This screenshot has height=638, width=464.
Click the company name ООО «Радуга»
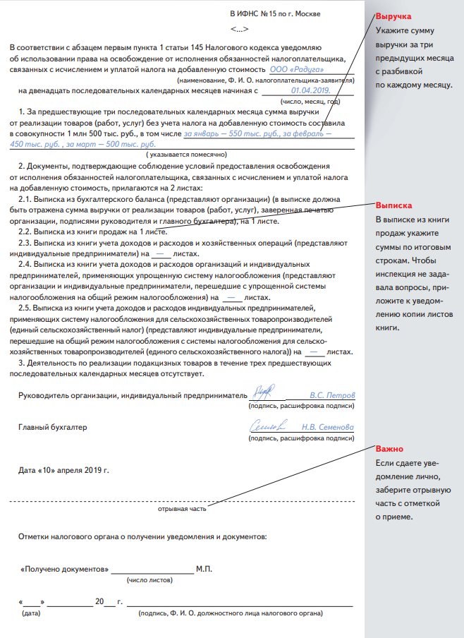(x=293, y=71)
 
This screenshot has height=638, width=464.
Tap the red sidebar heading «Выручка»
(x=393, y=16)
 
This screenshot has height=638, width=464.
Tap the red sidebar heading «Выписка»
(x=393, y=205)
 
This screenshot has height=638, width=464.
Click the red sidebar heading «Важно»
(x=390, y=448)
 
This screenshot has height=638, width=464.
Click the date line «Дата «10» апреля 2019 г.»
(x=64, y=469)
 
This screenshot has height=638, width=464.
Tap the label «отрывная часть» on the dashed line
(x=182, y=508)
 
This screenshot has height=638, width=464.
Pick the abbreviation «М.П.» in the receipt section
(x=204, y=569)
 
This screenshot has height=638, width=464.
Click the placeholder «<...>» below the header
(x=239, y=30)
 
